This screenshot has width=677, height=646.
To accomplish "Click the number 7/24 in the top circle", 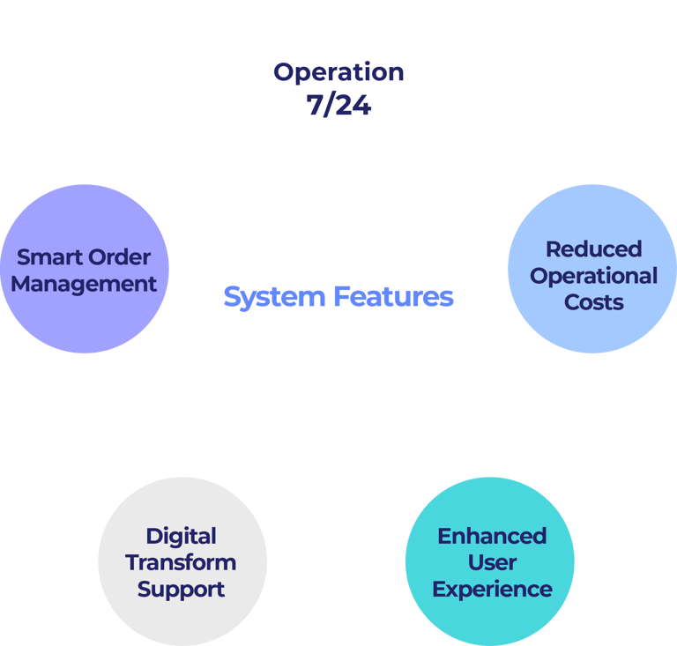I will [338, 105].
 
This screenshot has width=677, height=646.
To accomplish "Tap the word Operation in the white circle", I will [338, 72].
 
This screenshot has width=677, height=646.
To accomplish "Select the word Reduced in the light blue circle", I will [593, 249].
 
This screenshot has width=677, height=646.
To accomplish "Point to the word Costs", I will [593, 302].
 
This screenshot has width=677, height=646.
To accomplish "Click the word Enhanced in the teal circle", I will [492, 536].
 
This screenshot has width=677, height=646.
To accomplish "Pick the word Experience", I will [492, 589].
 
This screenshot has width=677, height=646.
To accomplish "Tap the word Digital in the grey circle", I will [181, 536].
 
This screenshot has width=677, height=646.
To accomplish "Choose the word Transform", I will [181, 562].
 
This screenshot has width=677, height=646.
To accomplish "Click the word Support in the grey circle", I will [181, 589].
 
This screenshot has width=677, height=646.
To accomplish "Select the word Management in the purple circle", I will [84, 285].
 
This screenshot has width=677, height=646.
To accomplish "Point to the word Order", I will [119, 258].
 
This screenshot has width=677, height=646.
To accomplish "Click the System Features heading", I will [338, 297].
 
